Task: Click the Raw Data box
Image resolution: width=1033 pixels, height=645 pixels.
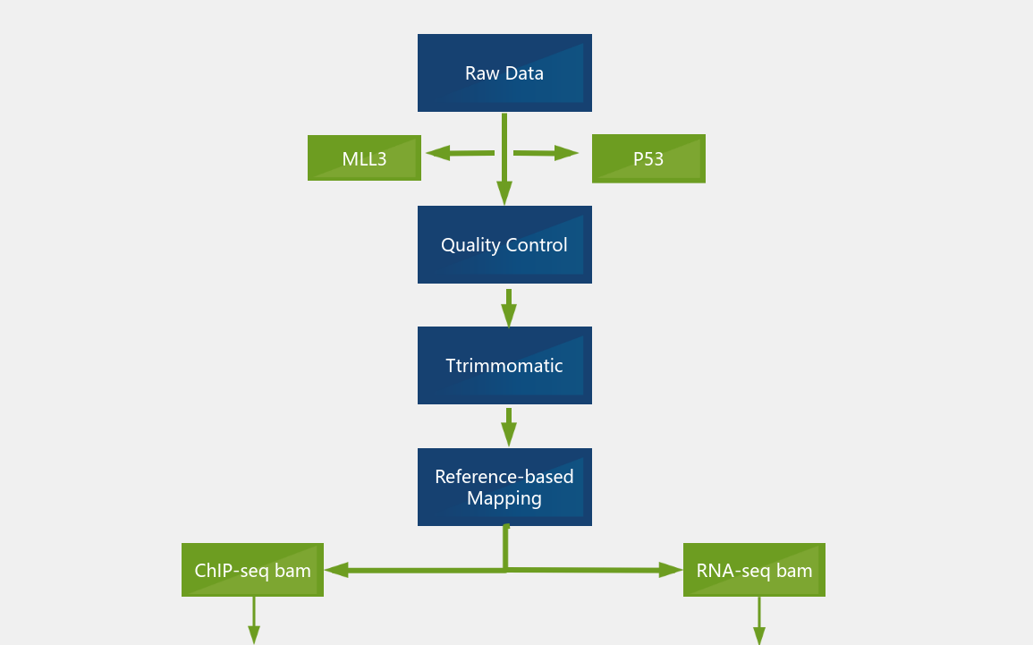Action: tap(504, 73)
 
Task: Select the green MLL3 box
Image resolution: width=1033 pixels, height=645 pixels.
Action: tap(364, 158)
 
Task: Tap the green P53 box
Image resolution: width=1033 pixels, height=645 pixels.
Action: tap(648, 158)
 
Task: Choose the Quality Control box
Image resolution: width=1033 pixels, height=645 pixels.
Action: tap(504, 244)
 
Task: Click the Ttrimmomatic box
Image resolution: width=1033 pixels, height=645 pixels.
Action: tap(504, 365)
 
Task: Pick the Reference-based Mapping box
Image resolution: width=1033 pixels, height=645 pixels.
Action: tap(504, 487)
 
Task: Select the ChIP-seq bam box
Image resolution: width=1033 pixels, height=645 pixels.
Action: tap(252, 570)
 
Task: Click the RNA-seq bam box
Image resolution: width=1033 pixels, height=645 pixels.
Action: tap(754, 570)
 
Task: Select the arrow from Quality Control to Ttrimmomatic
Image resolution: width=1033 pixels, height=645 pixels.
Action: tap(508, 307)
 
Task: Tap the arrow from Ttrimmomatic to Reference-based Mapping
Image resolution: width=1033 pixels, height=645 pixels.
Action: tap(508, 427)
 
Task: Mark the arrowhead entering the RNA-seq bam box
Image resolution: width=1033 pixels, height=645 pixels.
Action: tap(670, 569)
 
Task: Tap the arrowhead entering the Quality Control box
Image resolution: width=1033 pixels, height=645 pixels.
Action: tap(504, 193)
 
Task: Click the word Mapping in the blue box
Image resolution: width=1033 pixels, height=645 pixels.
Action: tap(504, 498)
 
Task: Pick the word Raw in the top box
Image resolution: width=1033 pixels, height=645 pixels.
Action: tap(482, 73)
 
